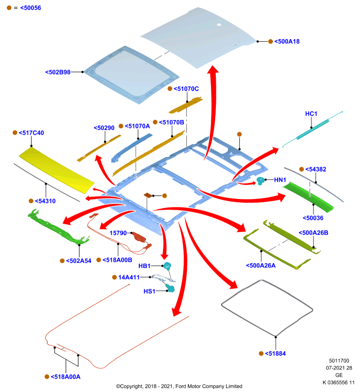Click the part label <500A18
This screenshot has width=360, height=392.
(287, 42)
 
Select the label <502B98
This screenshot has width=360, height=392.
(58, 72)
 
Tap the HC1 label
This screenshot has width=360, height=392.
(311, 114)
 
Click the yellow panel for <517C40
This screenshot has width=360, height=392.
(56, 170)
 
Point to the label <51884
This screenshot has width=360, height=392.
(275, 353)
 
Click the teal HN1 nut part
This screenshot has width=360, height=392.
(260, 180)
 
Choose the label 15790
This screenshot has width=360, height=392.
(118, 233)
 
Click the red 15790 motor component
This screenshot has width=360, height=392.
(139, 237)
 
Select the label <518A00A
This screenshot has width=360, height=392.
(66, 377)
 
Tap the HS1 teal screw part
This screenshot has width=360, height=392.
(170, 288)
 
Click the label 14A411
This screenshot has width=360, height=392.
(129, 277)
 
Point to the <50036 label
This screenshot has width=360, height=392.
(313, 218)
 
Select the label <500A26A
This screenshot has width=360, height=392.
(260, 266)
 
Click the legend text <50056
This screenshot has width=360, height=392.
(30, 8)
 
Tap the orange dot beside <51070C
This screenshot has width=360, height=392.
(170, 89)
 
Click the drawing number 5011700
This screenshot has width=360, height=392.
(339, 361)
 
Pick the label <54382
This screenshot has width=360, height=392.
(316, 169)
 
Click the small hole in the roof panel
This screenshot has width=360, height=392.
(219, 24)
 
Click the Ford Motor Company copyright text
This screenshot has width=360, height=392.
(179, 386)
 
